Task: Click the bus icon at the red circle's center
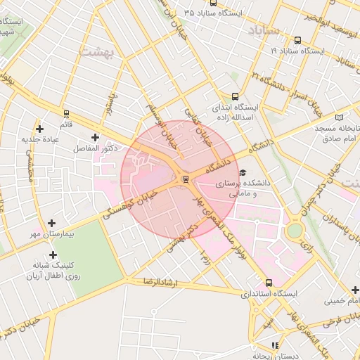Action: coord(185,179)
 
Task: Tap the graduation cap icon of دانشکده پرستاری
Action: coord(243,172)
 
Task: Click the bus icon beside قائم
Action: coord(66,112)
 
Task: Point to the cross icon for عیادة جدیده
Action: coord(40,129)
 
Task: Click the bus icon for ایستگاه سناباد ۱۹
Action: coord(297,40)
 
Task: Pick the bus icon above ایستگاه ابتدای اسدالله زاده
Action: coord(235,97)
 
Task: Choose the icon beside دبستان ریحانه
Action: coord(275,345)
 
